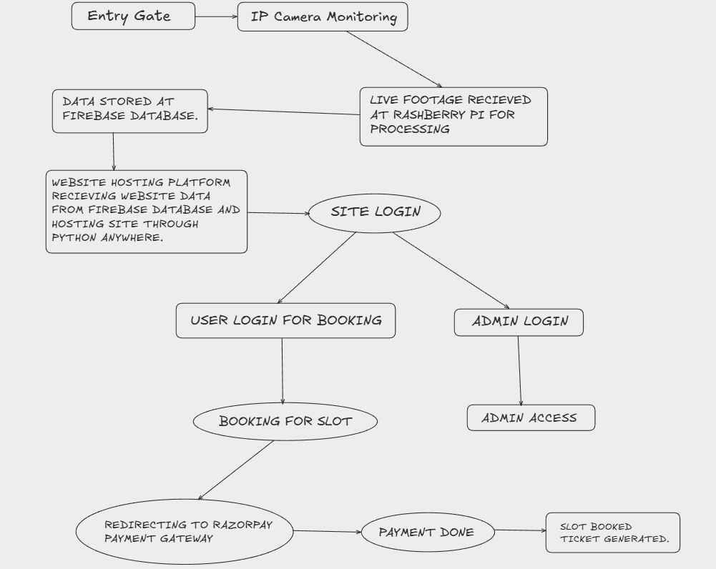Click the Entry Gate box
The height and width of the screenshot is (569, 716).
(133, 16)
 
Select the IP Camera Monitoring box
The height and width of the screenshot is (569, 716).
(323, 17)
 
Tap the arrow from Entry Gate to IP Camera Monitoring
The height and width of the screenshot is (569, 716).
(216, 16)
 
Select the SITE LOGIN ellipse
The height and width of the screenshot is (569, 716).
(374, 212)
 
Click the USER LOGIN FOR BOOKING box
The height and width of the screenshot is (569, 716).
(285, 320)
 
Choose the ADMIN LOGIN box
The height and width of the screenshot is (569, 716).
(519, 322)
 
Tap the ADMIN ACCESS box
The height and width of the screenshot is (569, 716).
(531, 418)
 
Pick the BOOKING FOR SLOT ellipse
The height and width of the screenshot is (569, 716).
(285, 421)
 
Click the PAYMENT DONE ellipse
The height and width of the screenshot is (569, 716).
(426, 532)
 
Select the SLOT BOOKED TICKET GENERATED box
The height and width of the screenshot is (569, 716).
(613, 533)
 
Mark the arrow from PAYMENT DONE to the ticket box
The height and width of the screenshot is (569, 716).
(519, 530)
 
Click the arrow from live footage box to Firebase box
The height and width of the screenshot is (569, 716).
(284, 112)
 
